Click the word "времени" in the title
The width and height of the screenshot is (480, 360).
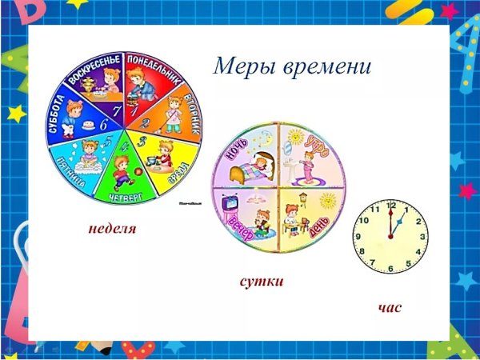point(327,66)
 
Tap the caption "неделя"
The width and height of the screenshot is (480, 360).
point(112,229)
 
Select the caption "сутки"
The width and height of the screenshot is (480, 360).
point(262,282)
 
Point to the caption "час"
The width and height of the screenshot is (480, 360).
point(390,306)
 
